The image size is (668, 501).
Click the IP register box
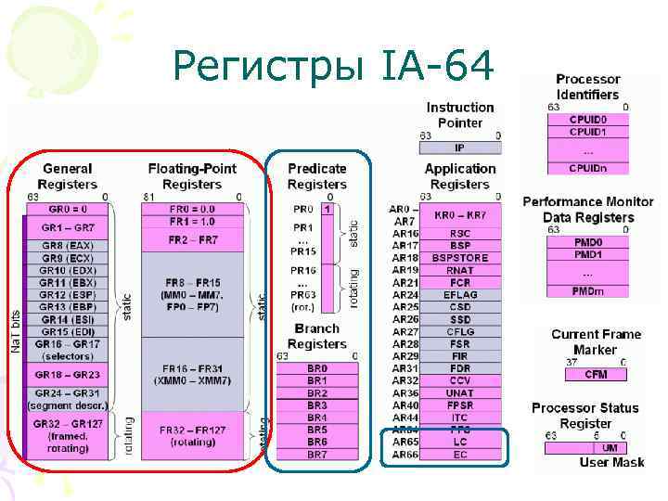459,148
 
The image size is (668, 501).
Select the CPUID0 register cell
587,120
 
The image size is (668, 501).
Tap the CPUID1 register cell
587,132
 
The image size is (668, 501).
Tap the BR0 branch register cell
317,368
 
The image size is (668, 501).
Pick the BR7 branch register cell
317,455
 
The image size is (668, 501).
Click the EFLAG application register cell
460,295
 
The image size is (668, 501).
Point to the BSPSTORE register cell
460,258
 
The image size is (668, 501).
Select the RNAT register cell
460,270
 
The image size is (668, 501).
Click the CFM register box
596,374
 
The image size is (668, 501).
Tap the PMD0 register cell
587,242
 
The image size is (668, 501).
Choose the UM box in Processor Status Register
610,448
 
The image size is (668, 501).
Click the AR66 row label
405,456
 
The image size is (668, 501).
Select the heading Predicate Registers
317,175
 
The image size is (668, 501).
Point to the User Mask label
612,462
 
